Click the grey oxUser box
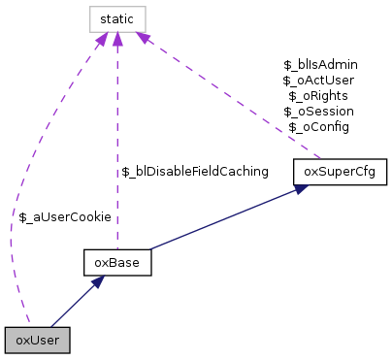[37, 340]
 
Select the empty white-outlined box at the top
[117, 19]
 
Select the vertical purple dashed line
[117, 146]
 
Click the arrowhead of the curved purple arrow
[102, 40]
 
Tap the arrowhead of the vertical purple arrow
[117, 40]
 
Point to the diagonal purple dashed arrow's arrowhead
[142, 38]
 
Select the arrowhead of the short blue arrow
[98, 281]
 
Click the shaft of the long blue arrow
[223, 219]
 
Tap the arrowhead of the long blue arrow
[302, 188]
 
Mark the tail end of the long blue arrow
[149, 249]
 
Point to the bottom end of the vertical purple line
[117, 249]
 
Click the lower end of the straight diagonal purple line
[320, 158]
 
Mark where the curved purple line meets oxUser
[29, 326]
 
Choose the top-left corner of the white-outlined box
[90, 7]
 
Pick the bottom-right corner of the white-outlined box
[146, 32]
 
